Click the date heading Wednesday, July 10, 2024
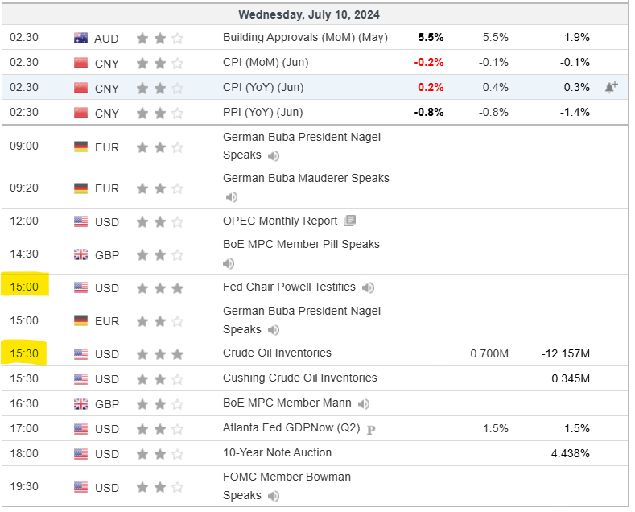[x=310, y=14]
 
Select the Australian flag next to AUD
[x=80, y=38]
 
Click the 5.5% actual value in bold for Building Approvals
[x=431, y=37]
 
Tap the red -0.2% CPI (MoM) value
[x=428, y=62]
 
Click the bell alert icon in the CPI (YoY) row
[x=611, y=87]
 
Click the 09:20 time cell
[x=24, y=188]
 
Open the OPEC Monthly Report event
[x=280, y=221]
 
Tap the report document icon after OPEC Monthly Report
[x=349, y=221]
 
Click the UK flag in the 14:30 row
[x=80, y=254]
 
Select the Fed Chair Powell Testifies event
[x=288, y=287]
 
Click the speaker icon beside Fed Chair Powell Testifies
[x=368, y=287]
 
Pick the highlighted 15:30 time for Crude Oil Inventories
[x=25, y=353]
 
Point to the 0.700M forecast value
[x=489, y=353]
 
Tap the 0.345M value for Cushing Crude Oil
[x=571, y=378]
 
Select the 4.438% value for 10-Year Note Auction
[x=571, y=453]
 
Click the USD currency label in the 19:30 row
[x=107, y=487]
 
